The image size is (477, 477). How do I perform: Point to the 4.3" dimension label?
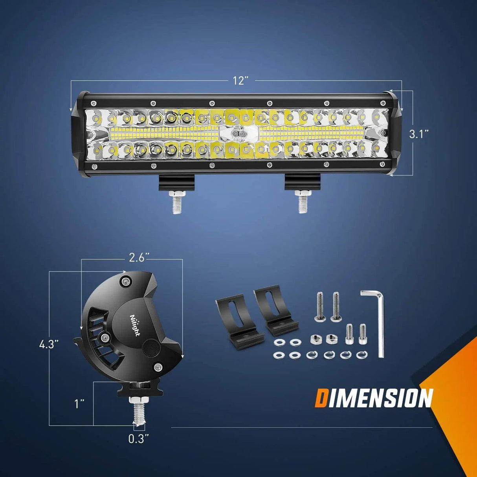pyautogui.click(x=49, y=345)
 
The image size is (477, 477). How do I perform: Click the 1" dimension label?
pyautogui.click(x=80, y=404)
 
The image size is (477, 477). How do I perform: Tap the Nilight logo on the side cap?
pyautogui.click(x=134, y=325)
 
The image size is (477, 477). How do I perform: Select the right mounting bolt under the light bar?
pyautogui.click(x=302, y=201)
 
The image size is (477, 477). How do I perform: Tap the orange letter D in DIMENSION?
pyautogui.click(x=321, y=398)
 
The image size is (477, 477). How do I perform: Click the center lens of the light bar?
pyautogui.click(x=238, y=134)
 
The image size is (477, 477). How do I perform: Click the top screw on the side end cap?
pyautogui.click(x=125, y=281)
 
